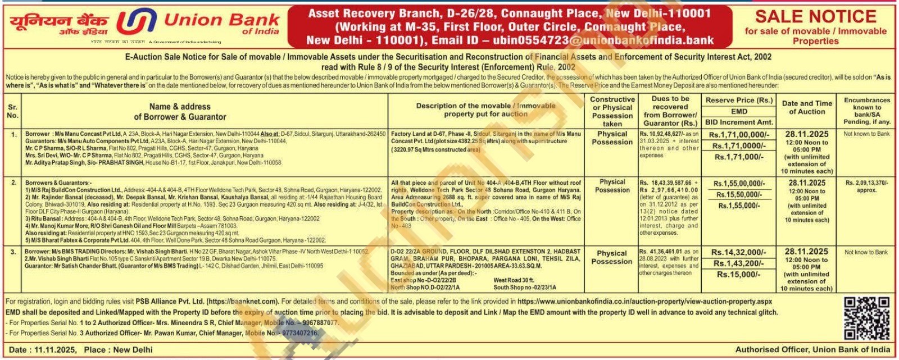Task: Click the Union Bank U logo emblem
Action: (137, 22)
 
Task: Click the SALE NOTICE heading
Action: (815, 17)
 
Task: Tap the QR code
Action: (866, 318)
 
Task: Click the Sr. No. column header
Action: (12, 111)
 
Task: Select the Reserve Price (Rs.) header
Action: (739, 100)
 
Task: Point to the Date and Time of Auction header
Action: (807, 107)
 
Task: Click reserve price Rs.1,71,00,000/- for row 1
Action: (739, 135)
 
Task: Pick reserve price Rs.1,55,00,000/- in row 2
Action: (739, 184)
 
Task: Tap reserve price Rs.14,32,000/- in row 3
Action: (739, 253)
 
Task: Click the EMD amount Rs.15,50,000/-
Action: (739, 194)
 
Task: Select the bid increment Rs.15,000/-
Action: (739, 275)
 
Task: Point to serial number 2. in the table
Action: (13, 183)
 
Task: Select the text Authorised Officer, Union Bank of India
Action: (812, 349)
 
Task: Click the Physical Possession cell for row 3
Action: (612, 257)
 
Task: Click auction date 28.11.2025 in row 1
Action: (807, 134)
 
